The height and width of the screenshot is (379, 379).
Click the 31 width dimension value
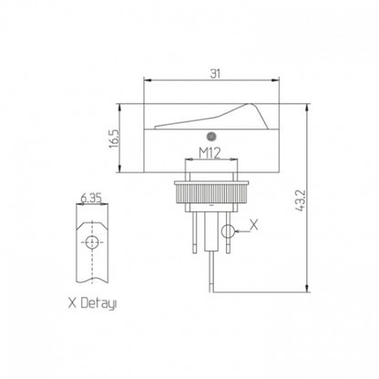pyautogui.click(x=215, y=74)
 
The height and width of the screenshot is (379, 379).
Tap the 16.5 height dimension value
pyautogui.click(x=115, y=139)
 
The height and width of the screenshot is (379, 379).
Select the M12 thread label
pyautogui.click(x=210, y=153)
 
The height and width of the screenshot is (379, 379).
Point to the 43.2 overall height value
pyautogui.click(x=301, y=200)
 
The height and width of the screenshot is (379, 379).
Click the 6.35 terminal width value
pyautogui.click(x=91, y=199)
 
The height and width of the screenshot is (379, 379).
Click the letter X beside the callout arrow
pyautogui.click(x=254, y=225)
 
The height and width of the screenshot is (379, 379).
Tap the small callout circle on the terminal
pyautogui.click(x=228, y=231)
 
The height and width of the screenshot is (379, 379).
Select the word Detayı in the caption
pyautogui.click(x=99, y=303)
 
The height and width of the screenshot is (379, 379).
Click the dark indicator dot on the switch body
pyautogui.click(x=210, y=137)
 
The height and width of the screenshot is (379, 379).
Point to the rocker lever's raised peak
pyautogui.click(x=250, y=105)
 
